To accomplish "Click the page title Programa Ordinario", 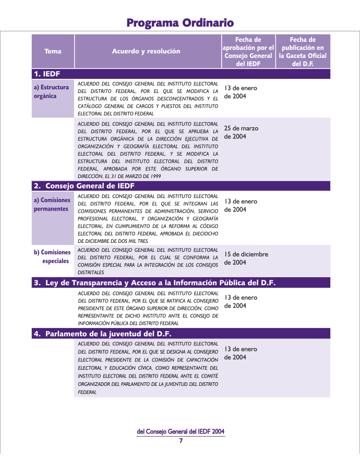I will tap(180, 22).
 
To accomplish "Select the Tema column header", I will tap(53, 51).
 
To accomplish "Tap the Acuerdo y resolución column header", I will tap(146, 51).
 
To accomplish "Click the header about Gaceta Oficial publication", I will tap(303, 51).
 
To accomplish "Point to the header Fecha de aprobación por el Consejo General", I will tap(248, 51).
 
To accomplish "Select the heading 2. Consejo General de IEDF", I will tap(84, 186).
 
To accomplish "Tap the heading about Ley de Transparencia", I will tap(154, 283).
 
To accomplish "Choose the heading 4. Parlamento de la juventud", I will tap(103, 334).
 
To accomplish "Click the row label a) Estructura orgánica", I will tap(51, 92).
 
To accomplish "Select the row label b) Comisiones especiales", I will tap(52, 256).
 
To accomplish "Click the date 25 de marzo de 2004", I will tap(241, 132).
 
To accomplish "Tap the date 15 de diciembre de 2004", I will tap(246, 258).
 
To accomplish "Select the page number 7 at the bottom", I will tap(181, 441).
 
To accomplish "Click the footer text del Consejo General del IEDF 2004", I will tap(181, 432).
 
